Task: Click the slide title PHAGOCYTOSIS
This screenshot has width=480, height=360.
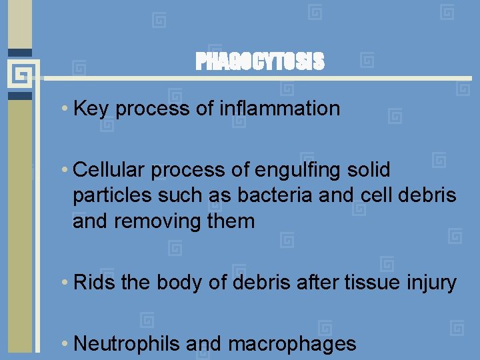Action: (x=260, y=62)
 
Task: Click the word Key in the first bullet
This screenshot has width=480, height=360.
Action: (x=91, y=109)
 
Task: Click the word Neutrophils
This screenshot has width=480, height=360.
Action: (x=127, y=344)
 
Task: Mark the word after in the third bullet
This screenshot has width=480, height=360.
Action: (x=321, y=283)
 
